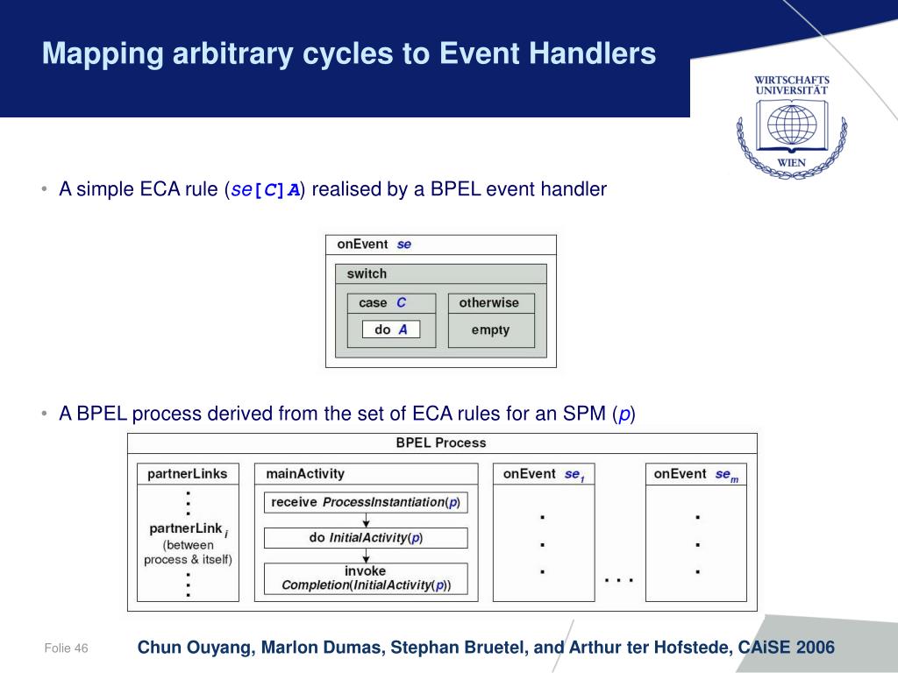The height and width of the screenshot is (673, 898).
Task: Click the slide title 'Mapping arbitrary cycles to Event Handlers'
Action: [x=349, y=54]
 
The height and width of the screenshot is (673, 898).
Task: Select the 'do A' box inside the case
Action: [x=391, y=330]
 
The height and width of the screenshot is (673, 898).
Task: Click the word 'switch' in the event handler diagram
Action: [x=367, y=273]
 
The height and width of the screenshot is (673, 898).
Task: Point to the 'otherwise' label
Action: [x=488, y=302]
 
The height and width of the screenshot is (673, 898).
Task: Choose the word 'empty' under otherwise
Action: [x=490, y=330]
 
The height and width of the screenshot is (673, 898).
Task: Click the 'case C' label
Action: [x=382, y=302]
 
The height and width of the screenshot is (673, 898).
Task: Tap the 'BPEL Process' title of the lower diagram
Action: [x=441, y=443]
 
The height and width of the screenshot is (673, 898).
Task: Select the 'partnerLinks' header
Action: [x=188, y=473]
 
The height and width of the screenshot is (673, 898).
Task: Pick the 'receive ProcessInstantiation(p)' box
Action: [x=366, y=502]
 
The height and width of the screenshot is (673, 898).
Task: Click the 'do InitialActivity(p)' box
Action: [x=366, y=537]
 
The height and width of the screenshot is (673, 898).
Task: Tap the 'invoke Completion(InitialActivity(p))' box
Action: [x=366, y=578]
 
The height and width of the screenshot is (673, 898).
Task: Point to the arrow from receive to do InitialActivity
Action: [x=366, y=520]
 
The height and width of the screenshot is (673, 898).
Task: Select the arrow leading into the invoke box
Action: [x=366, y=556]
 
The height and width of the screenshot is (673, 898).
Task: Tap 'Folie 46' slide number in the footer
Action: [x=67, y=648]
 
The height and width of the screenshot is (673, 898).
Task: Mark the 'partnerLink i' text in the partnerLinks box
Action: [x=189, y=529]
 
